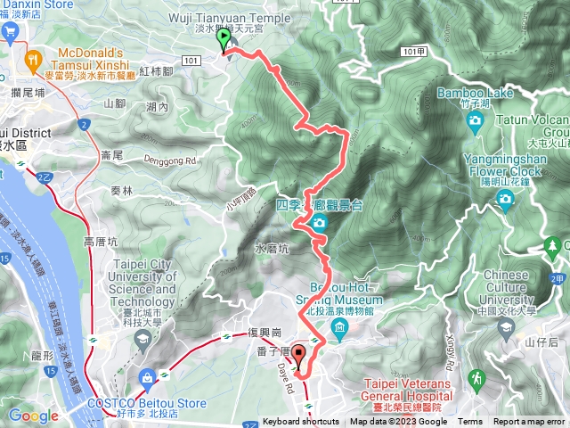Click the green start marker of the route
(x=223, y=38)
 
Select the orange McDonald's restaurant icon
(x=33, y=61)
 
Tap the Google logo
(x=33, y=415)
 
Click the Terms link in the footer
(x=469, y=422)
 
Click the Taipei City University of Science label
(x=144, y=283)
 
